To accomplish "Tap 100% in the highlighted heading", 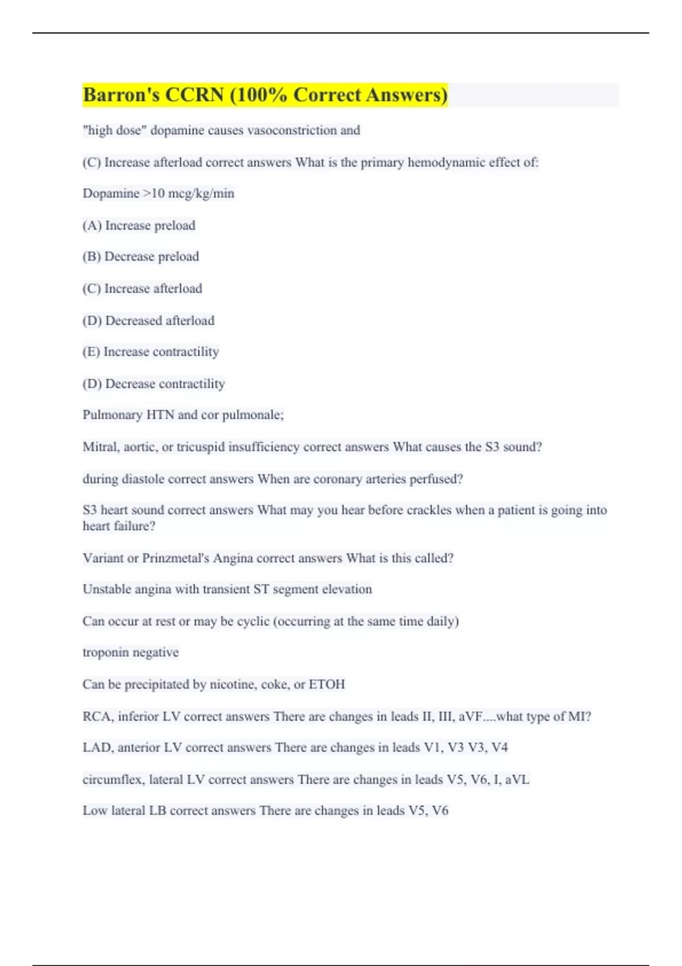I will tap(262, 95).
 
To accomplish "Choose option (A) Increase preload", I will tap(139, 226).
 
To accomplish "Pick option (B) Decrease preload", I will tap(140, 257).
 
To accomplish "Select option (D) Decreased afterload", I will tap(148, 320).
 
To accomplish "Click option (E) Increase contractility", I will tap(151, 352).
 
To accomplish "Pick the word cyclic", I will tap(253, 622).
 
